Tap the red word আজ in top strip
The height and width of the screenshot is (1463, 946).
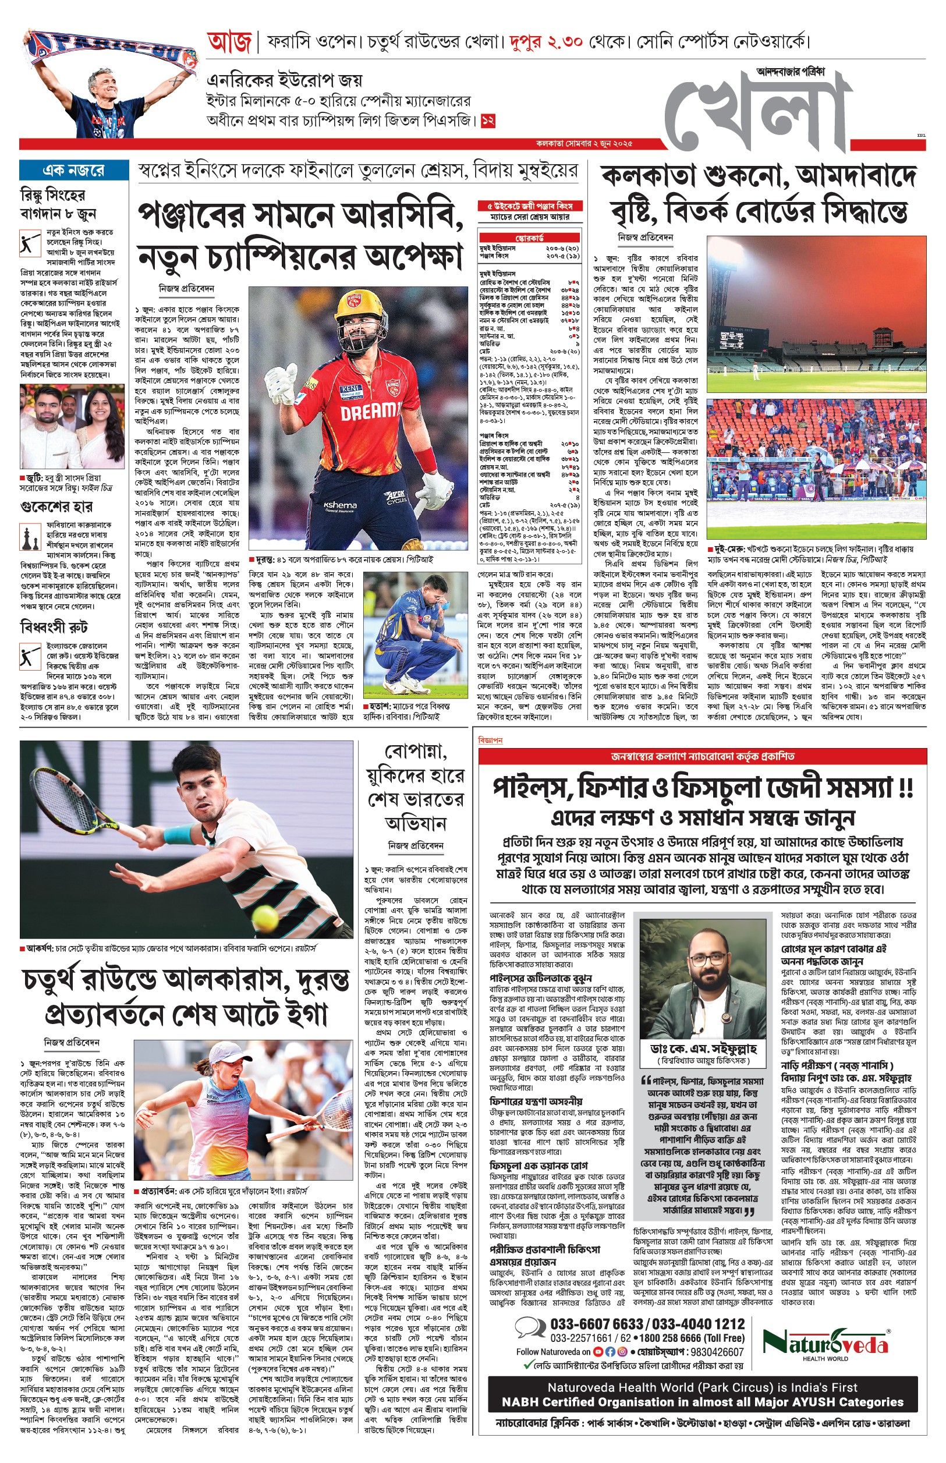click(229, 42)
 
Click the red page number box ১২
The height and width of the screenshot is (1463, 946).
click(488, 121)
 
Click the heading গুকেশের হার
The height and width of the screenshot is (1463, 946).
click(56, 506)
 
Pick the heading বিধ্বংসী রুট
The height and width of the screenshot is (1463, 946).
click(54, 626)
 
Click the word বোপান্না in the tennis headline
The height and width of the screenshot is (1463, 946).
click(415, 751)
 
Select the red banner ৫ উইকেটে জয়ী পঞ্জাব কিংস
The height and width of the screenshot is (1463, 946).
click(530, 206)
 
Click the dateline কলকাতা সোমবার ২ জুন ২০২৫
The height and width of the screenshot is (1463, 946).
click(583, 144)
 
